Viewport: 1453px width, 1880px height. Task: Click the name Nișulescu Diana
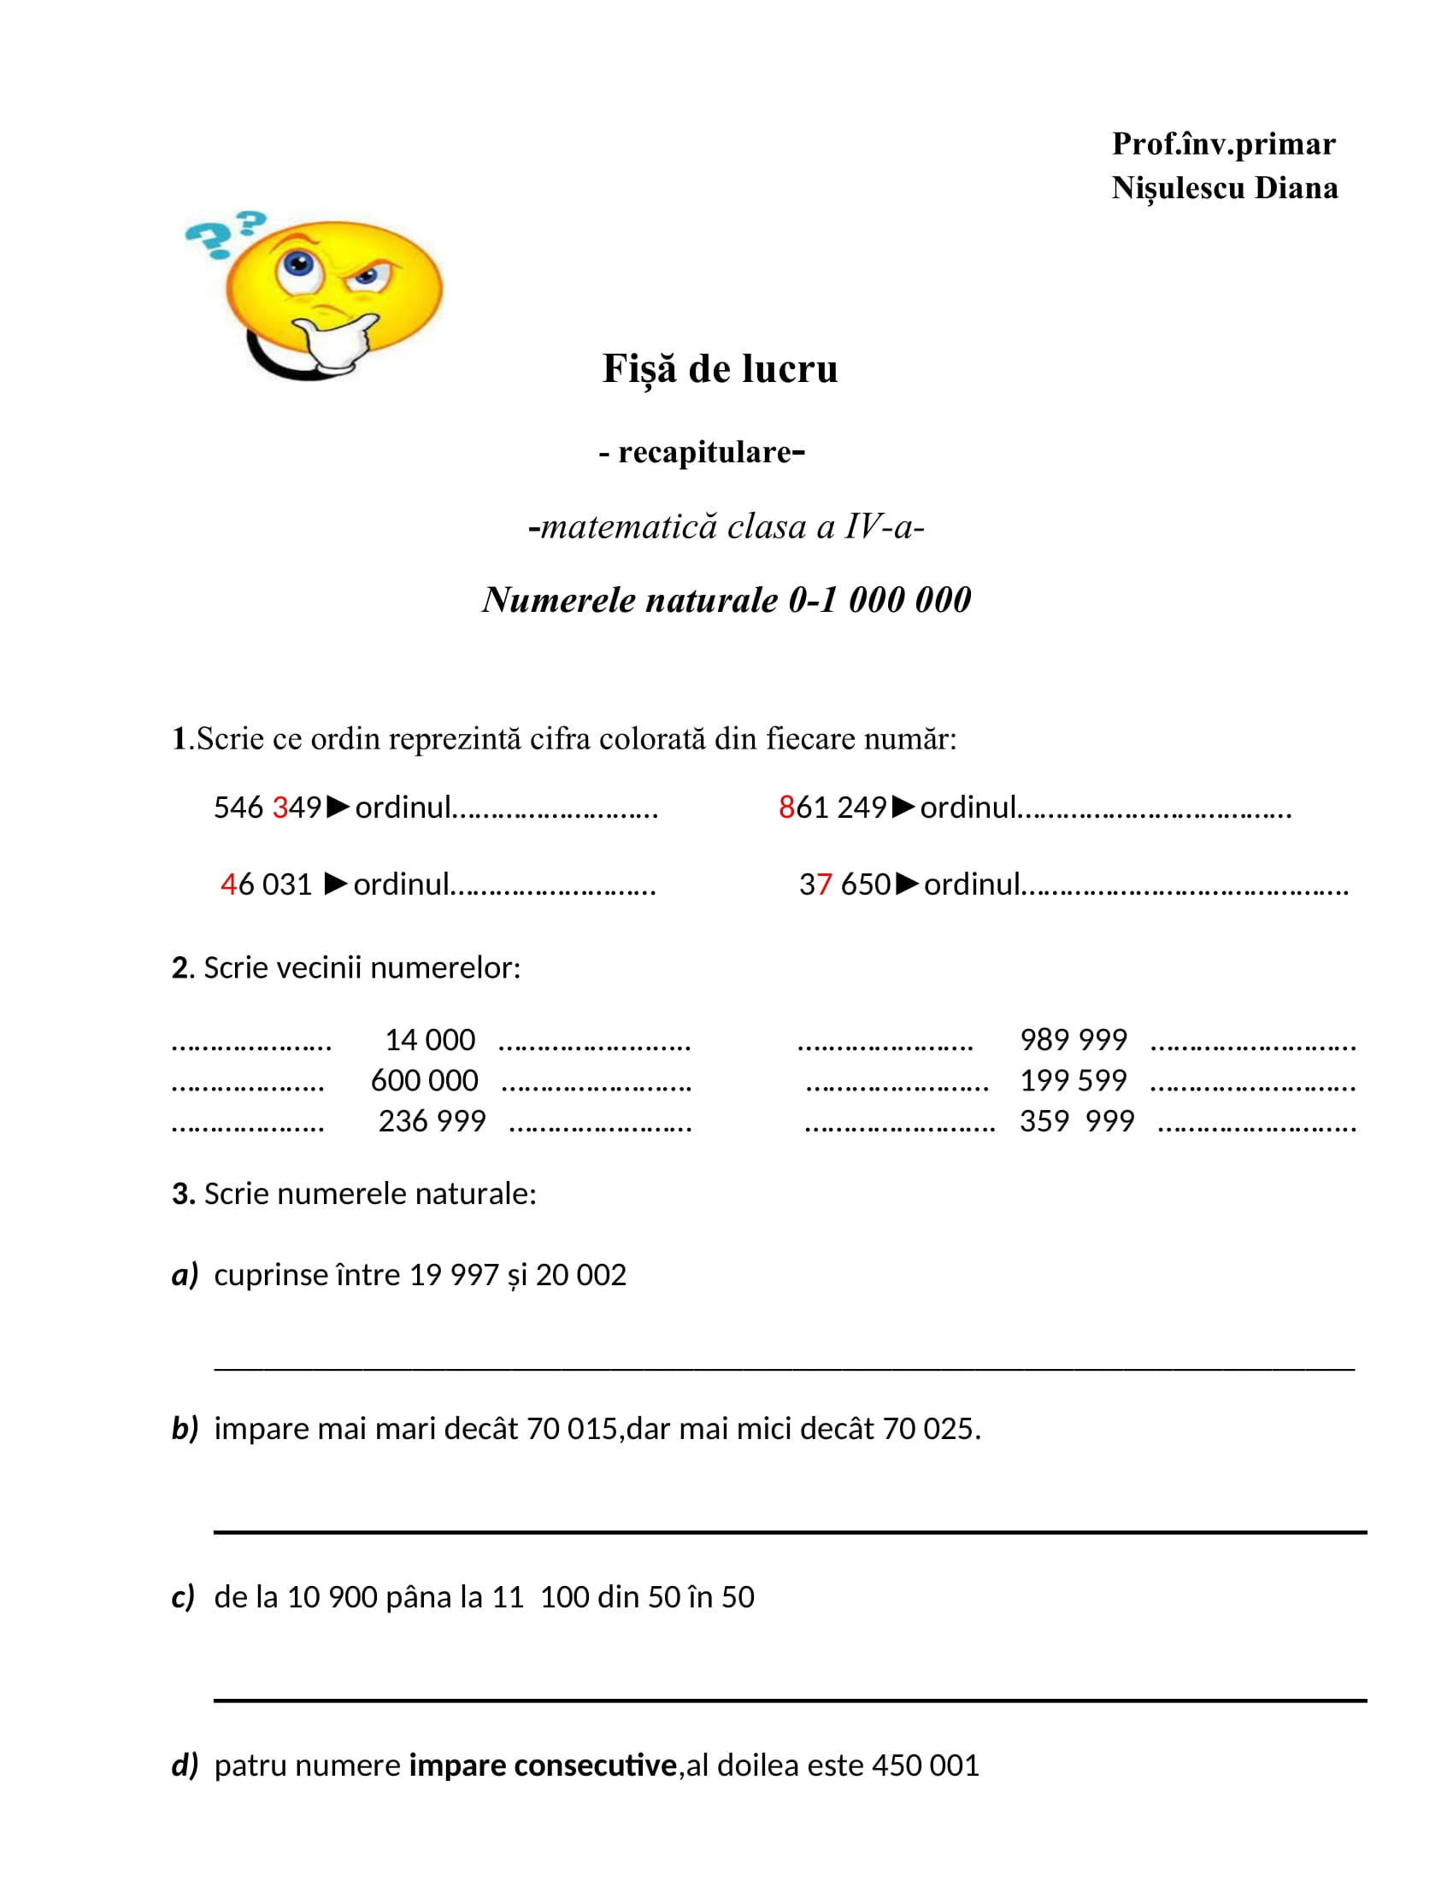pyautogui.click(x=1224, y=188)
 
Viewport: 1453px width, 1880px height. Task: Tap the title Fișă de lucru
pyautogui.click(x=720, y=368)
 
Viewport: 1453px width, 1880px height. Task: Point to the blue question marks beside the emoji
pyautogui.click(x=223, y=234)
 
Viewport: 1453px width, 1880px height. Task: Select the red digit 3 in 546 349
pyautogui.click(x=279, y=808)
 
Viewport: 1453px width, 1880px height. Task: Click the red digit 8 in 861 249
pyautogui.click(x=785, y=808)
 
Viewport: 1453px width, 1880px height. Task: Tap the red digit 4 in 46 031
pyautogui.click(x=228, y=884)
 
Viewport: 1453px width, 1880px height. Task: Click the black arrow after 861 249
pyautogui.click(x=903, y=807)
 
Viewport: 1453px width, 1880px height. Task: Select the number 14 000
pyautogui.click(x=430, y=1040)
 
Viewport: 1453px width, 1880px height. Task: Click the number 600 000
pyautogui.click(x=425, y=1080)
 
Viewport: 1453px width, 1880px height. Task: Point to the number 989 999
pyautogui.click(x=1074, y=1040)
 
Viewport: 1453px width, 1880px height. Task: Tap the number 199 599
pyautogui.click(x=1074, y=1080)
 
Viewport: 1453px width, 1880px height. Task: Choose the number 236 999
pyautogui.click(x=432, y=1121)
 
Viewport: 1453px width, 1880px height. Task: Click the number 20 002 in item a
pyautogui.click(x=581, y=1275)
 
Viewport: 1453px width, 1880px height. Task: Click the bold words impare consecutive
pyautogui.click(x=542, y=1765)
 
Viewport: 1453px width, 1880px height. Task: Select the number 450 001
pyautogui.click(x=926, y=1765)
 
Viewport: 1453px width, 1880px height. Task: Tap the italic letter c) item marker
pyautogui.click(x=184, y=1597)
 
